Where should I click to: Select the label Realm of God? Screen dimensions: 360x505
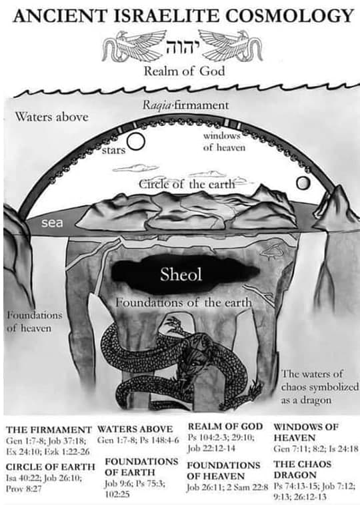(184, 71)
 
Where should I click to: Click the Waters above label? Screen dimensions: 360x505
(51, 117)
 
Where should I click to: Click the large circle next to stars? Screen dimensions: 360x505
(136, 141)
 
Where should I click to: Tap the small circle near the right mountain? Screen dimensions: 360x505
(303, 183)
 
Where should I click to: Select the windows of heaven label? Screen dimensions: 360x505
(224, 141)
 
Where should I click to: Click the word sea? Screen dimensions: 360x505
(52, 223)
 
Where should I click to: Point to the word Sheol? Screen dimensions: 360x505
(181, 274)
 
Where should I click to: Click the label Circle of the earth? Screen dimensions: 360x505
(187, 185)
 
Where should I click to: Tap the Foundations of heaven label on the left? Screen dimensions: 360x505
(34, 321)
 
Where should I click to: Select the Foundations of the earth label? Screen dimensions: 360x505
(183, 302)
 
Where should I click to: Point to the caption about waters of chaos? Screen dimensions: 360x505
(319, 387)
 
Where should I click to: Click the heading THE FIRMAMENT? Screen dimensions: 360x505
(49, 430)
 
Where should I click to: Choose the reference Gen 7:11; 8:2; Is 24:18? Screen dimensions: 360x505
(315, 448)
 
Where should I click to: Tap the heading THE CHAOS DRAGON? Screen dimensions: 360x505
(302, 470)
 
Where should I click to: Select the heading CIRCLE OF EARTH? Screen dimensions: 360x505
(50, 466)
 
